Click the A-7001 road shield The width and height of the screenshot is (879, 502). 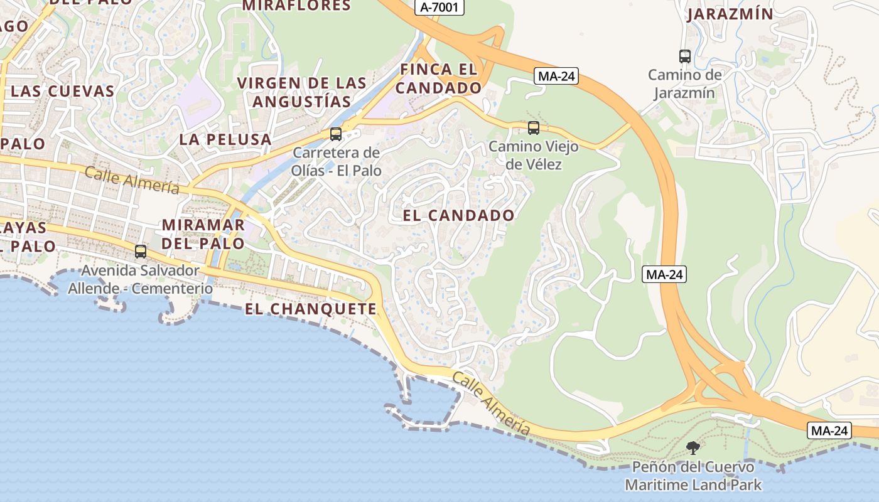point(439,8)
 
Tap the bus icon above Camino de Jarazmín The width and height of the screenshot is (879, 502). point(685,56)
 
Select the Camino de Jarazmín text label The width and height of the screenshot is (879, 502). point(685,84)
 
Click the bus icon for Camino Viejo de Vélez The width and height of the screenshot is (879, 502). point(534,128)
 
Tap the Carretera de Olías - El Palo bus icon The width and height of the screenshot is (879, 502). point(336,134)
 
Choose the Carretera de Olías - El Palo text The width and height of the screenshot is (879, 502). point(337,161)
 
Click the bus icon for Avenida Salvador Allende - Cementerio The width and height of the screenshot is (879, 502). point(141,252)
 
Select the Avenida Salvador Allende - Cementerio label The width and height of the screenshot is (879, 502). point(141,280)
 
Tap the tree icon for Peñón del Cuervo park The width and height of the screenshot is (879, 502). point(693,447)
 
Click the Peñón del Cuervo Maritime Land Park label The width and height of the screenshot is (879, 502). point(693,476)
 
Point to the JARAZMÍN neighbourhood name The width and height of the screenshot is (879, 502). point(730,14)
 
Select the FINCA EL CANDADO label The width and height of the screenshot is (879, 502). point(438,78)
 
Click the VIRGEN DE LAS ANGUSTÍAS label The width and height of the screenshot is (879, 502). point(301,92)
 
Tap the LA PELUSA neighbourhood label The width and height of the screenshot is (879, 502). point(225,139)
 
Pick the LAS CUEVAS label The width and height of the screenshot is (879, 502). point(63,91)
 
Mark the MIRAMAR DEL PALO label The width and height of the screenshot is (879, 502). point(203,233)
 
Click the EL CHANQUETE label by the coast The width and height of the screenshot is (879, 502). point(311,309)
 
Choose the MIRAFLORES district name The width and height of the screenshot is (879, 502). point(296,6)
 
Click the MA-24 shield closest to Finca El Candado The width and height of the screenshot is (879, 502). point(556,77)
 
